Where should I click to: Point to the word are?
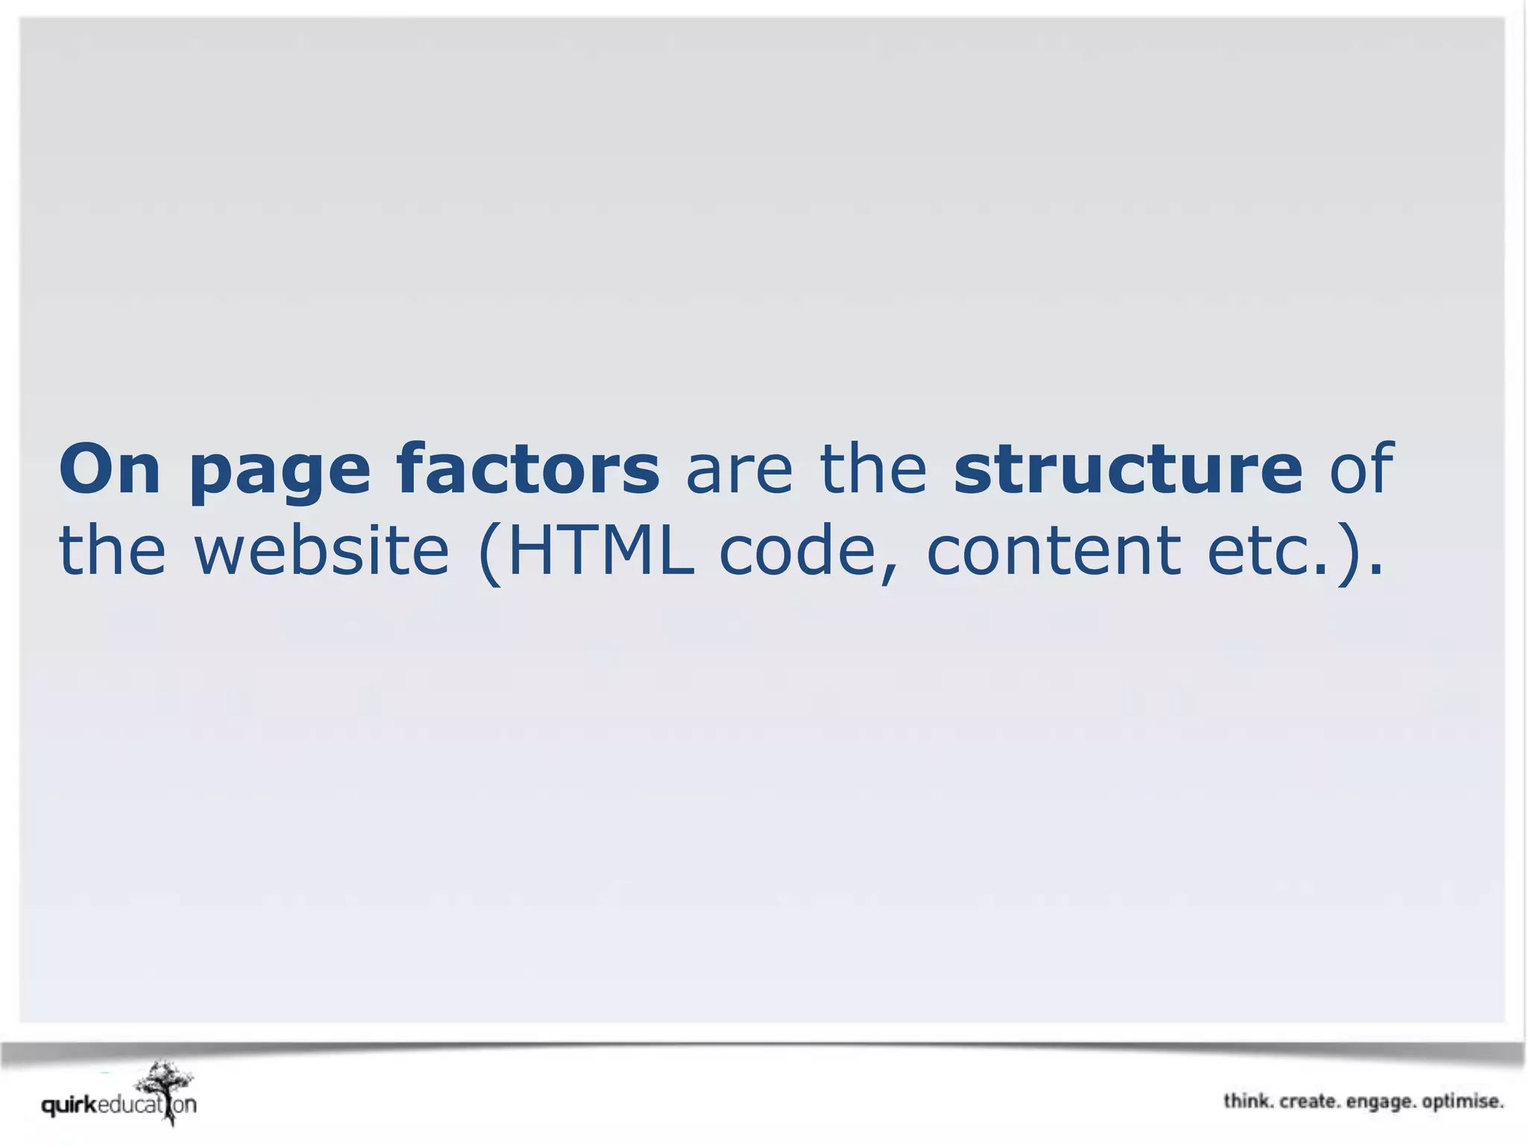pos(739,472)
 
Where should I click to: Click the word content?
pos(1054,552)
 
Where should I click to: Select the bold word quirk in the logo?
pos(69,1105)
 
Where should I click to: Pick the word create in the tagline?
pos(1309,1101)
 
